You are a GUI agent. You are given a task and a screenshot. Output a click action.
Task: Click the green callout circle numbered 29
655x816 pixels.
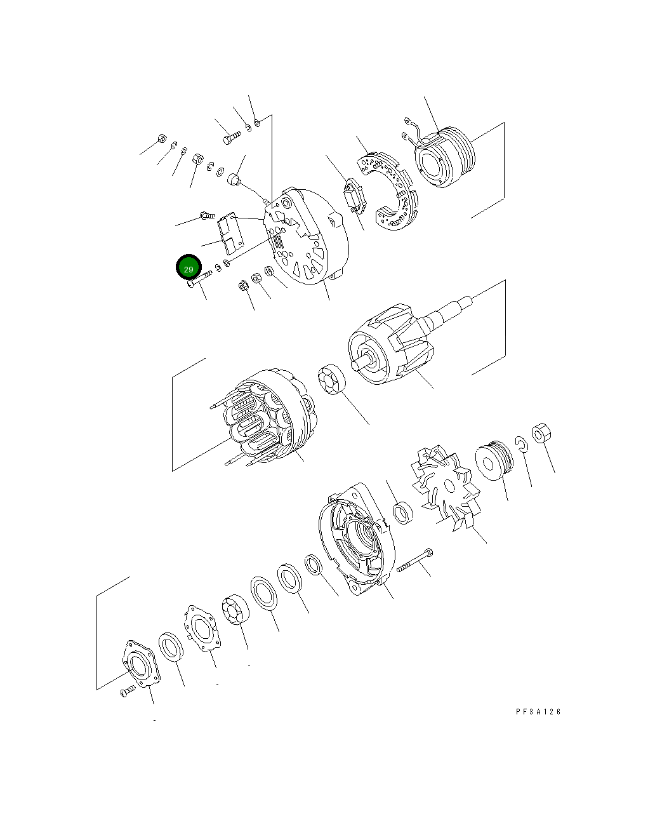click(x=189, y=269)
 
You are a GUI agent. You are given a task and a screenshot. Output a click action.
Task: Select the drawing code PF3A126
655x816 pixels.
click(x=538, y=712)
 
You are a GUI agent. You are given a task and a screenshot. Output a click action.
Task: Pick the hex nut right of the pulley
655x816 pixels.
click(x=541, y=435)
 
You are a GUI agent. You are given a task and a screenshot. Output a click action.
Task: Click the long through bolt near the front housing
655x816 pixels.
click(x=415, y=560)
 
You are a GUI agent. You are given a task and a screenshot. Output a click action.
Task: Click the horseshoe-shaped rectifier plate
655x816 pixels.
click(x=389, y=191)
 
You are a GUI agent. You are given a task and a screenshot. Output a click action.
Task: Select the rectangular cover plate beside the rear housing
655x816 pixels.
click(x=231, y=233)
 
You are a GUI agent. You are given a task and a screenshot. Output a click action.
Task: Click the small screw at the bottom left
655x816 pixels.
click(x=128, y=691)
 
